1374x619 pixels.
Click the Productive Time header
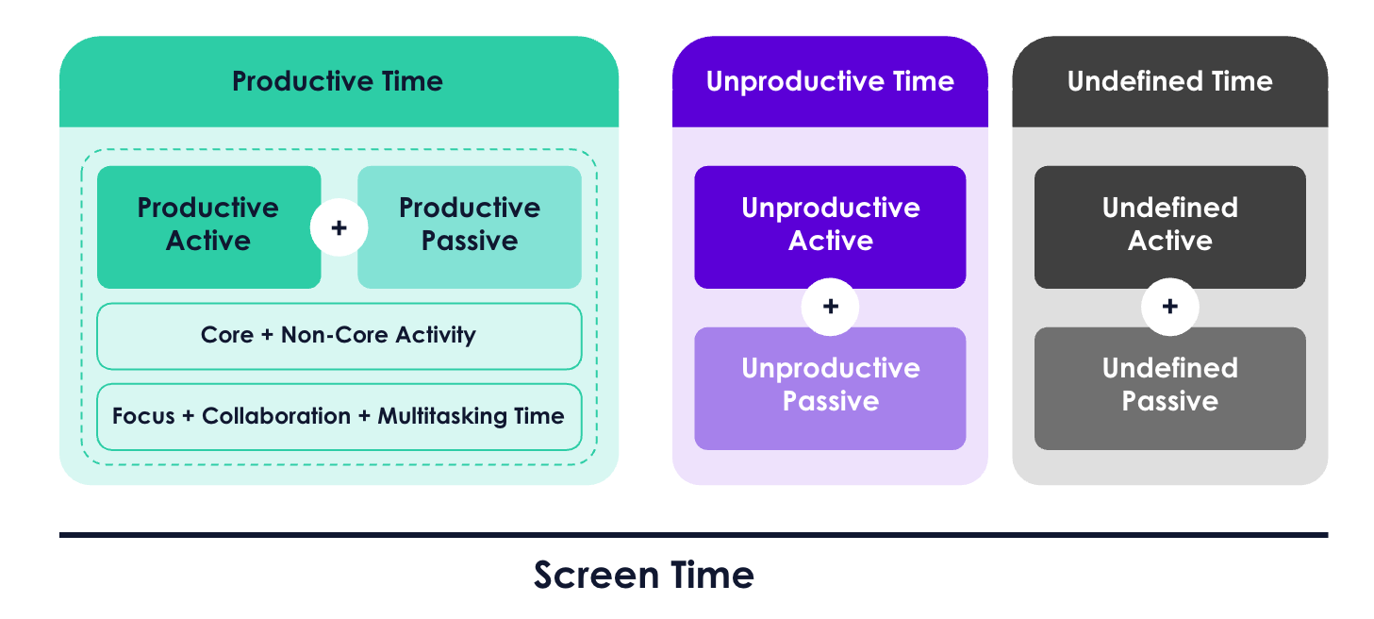pos(339,81)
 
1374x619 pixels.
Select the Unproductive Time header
pos(830,81)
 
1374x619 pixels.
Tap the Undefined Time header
pos(1169,81)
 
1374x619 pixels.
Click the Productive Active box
pos(208,227)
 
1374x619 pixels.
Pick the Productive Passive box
pos(470,227)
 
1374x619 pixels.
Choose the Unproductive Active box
pos(830,227)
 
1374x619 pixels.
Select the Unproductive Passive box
pos(830,389)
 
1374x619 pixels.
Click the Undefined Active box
pos(1169,227)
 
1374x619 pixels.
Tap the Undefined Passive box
pos(1169,389)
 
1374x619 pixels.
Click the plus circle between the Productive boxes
pos(339,227)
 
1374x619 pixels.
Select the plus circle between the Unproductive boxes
pos(830,307)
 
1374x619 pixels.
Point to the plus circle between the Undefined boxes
pos(1169,307)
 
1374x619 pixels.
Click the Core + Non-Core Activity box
pos(339,336)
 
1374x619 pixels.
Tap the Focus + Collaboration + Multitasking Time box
pos(339,417)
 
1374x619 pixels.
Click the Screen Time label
pos(643,575)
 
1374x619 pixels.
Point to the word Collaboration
pos(276,416)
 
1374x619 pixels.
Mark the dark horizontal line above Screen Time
pos(694,535)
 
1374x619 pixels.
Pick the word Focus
pos(143,416)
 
